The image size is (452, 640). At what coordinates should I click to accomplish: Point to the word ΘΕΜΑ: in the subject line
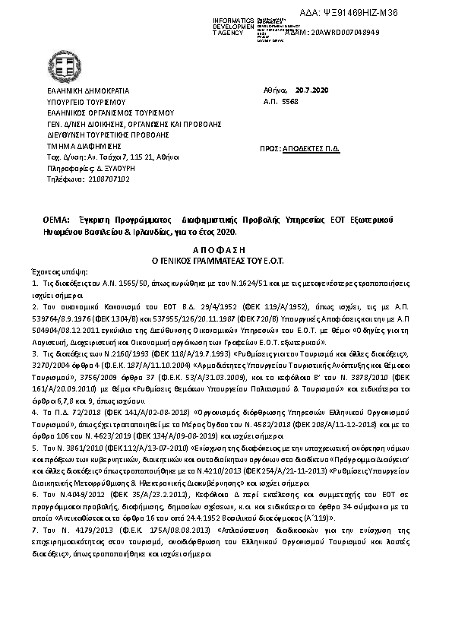coord(57,220)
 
